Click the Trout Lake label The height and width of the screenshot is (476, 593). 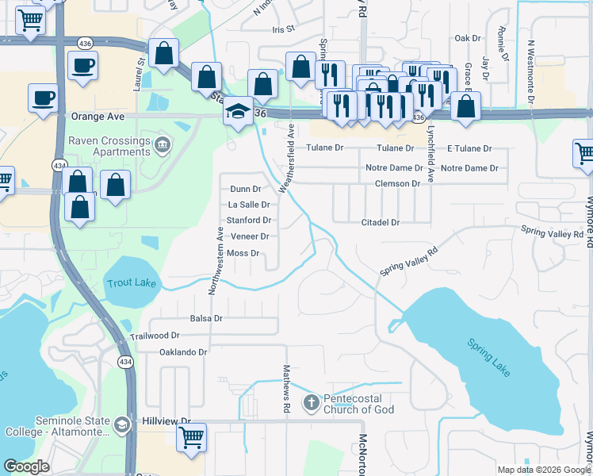point(131,282)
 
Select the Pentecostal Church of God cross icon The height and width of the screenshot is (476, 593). point(311,404)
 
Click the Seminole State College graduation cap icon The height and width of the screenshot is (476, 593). point(121,425)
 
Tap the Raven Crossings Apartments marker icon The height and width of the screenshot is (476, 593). point(163,144)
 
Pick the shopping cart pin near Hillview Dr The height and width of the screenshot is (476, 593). point(191,437)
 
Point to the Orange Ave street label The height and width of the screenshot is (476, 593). point(98,116)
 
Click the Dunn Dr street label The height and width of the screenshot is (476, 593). point(245,190)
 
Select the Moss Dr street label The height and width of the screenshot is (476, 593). point(243,254)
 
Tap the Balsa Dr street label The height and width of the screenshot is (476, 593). point(206,318)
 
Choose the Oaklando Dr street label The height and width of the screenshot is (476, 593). point(183,351)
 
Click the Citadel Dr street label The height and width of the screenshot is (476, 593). point(380,223)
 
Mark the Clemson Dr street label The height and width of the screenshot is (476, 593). point(397,184)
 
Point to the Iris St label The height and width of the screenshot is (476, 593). point(283,29)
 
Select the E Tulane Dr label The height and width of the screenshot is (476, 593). point(469,148)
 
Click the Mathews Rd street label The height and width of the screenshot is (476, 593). point(286,389)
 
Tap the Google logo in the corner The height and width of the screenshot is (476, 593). point(27,467)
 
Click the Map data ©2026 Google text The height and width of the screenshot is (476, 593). point(543,470)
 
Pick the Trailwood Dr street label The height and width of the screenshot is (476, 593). point(155,336)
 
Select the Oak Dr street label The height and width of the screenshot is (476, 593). point(468,38)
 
